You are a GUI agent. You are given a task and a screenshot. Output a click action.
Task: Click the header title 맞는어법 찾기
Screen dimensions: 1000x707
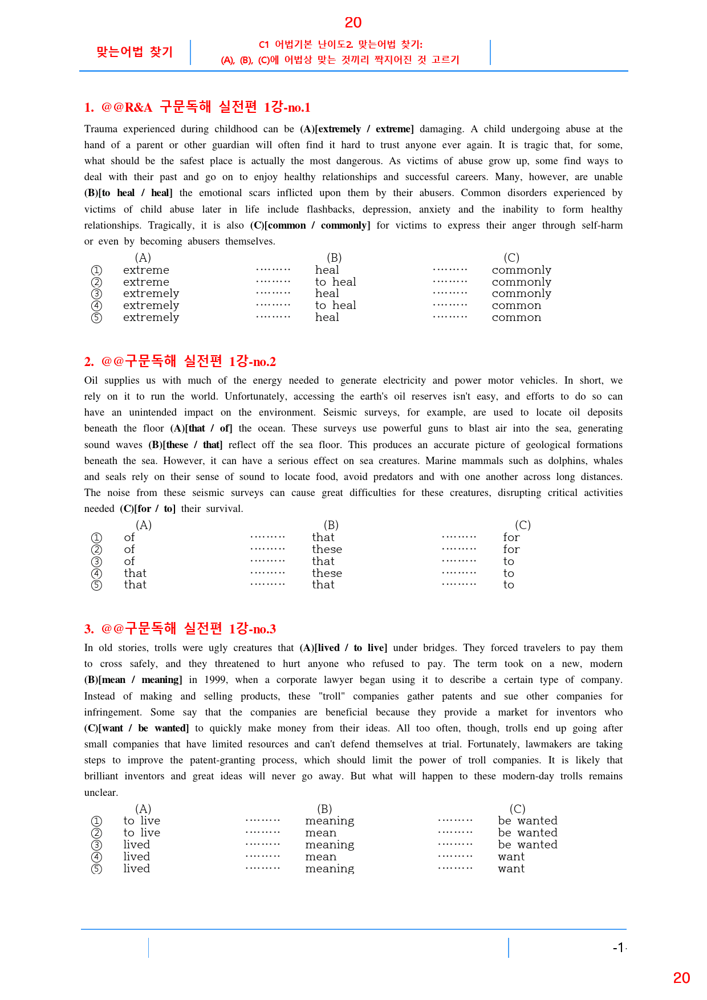tap(135, 52)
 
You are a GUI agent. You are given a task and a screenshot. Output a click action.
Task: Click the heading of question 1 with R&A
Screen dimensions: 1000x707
tap(197, 107)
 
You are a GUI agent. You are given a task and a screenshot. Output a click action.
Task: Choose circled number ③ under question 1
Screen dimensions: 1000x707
tap(97, 294)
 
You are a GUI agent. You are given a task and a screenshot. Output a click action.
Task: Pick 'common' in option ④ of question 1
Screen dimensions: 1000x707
tap(517, 306)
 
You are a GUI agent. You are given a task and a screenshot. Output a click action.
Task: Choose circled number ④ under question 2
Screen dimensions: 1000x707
tap(97, 574)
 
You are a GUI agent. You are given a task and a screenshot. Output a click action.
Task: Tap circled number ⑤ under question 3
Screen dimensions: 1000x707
tap(97, 869)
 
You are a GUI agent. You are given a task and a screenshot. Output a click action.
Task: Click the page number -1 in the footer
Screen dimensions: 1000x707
tap(619, 948)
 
